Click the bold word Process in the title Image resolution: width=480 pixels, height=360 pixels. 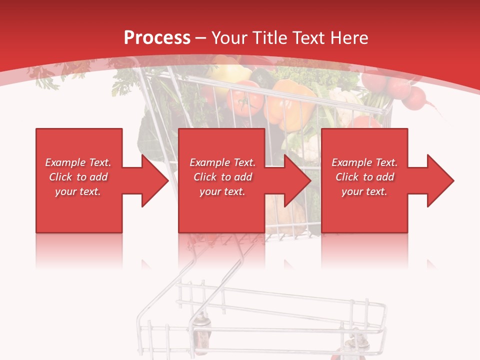(157, 38)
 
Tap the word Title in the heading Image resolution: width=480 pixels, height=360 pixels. (270, 38)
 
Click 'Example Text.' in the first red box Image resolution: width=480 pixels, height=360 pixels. (78, 162)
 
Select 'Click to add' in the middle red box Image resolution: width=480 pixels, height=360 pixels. (222, 177)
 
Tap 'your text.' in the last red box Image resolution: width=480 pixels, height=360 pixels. (364, 191)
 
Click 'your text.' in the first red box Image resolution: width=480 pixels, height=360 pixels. (78, 191)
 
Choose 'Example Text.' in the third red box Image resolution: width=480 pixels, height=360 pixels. (364, 162)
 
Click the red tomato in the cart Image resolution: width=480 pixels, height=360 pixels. (244, 100)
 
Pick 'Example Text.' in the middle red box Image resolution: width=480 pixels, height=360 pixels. (222, 162)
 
